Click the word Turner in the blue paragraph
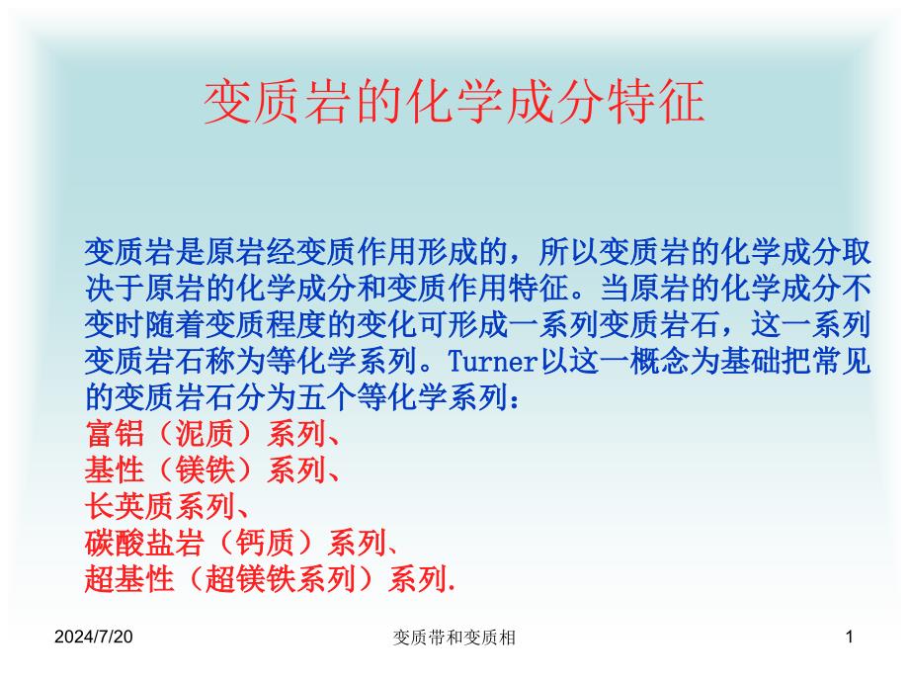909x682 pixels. pyautogui.click(x=492, y=362)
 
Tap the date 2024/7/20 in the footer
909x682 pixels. pyautogui.click(x=93, y=637)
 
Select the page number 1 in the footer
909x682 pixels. pyautogui.click(x=850, y=637)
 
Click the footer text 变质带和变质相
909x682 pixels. pyautogui.click(x=454, y=638)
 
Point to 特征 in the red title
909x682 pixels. pyautogui.click(x=656, y=102)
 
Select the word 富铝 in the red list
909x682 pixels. pyautogui.click(x=115, y=433)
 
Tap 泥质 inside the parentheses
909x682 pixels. pyautogui.click(x=205, y=433)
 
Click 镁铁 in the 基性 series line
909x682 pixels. pyautogui.click(x=205, y=469)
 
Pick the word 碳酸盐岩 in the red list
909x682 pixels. pyautogui.click(x=145, y=543)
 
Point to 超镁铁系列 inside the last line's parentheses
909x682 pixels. pyautogui.click(x=281, y=579)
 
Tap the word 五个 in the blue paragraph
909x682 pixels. pyautogui.click(x=326, y=397)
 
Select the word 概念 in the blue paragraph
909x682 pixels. pyautogui.click(x=659, y=362)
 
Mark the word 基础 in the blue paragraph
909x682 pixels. pyautogui.click(x=749, y=362)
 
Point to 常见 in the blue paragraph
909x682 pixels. pyautogui.click(x=840, y=362)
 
